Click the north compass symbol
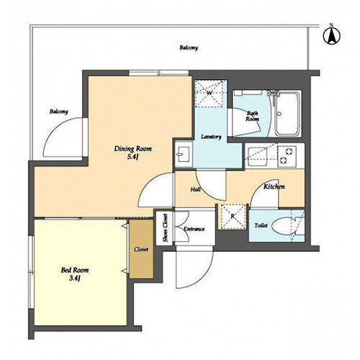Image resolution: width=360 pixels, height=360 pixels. click(x=332, y=35)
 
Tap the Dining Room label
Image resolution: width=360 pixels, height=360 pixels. click(x=132, y=149)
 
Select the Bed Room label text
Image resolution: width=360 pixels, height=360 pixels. click(x=75, y=270)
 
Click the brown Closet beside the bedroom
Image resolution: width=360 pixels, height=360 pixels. click(x=141, y=249)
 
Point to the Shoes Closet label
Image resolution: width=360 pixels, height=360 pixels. click(x=166, y=228)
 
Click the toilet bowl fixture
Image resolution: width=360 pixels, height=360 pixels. click(x=284, y=226)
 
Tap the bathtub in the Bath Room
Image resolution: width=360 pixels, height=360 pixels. click(x=287, y=114)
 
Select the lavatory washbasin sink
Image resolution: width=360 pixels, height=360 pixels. click(x=184, y=154)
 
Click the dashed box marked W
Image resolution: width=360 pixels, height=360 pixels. click(x=210, y=94)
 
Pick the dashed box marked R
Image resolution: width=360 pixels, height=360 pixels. click(x=233, y=217)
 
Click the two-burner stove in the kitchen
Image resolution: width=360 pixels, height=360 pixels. click(x=287, y=156)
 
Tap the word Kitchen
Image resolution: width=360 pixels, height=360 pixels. click(x=274, y=186)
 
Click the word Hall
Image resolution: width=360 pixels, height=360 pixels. click(x=196, y=189)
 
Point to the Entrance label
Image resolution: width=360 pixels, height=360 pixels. click(x=194, y=229)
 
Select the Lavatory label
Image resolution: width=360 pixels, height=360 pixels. click(x=211, y=137)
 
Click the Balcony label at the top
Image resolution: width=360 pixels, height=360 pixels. click(x=189, y=48)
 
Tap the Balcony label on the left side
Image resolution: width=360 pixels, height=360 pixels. click(x=59, y=112)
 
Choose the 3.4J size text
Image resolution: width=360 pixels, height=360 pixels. click(x=75, y=279)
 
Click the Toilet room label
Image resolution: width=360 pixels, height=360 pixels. click(x=261, y=225)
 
